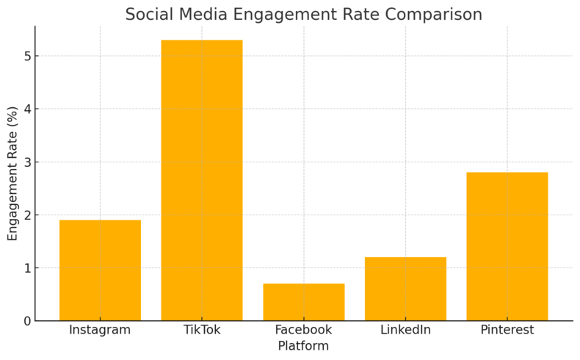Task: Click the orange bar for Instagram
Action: tap(100, 270)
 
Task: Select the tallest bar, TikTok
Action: tap(202, 180)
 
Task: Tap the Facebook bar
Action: tap(304, 302)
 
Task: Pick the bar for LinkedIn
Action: tap(405, 289)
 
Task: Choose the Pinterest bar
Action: tap(507, 246)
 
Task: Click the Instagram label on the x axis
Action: tap(100, 330)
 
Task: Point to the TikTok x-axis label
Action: tap(202, 330)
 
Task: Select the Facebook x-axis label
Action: tap(304, 330)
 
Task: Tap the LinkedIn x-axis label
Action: tap(405, 330)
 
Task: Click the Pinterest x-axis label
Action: tap(507, 330)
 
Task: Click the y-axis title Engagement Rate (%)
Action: tap(12, 173)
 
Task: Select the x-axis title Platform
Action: tap(303, 346)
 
